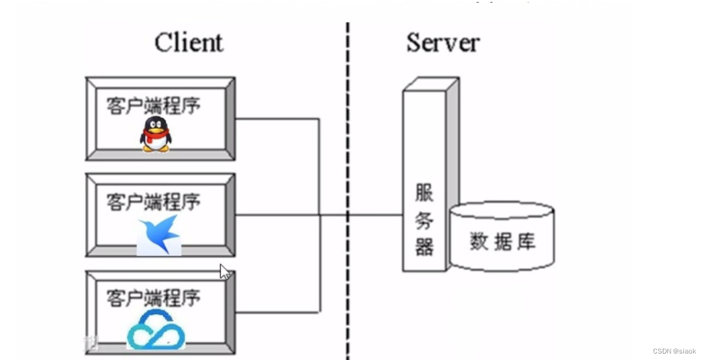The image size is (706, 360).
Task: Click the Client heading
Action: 188,43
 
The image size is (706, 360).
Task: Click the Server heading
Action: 443,43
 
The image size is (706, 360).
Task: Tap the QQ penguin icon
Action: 156,134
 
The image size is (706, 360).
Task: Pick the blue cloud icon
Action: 156,330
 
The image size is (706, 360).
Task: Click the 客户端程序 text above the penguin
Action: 154,105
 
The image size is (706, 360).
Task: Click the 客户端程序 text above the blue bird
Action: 154,200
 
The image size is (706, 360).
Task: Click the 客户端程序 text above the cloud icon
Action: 154,297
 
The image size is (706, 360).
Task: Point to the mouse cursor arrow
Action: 224,271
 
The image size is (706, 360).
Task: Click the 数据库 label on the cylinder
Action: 502,243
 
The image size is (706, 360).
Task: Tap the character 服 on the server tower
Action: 424,192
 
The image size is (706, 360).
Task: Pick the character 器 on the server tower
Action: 424,246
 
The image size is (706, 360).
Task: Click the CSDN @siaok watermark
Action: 674,352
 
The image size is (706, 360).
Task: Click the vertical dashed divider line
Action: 348,161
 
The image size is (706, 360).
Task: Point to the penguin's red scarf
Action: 156,136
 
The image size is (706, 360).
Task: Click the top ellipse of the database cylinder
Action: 501,210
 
